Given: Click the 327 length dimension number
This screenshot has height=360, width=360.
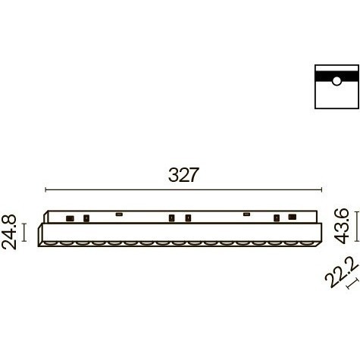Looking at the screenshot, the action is [183, 175].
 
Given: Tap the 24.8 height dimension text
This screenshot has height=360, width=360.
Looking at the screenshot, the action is [9, 232].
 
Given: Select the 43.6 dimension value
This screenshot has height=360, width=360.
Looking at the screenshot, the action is [341, 226].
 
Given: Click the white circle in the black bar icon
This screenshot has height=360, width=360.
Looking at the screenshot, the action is [337, 81].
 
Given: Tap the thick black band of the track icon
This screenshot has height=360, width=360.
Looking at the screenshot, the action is [337, 77].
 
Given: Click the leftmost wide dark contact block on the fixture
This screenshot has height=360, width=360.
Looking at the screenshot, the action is [70, 218].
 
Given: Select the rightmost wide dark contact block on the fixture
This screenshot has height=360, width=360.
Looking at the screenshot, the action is [293, 217].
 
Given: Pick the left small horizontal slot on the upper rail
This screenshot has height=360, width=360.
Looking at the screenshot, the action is [119, 214].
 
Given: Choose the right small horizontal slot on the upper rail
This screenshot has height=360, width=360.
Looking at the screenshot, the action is [247, 214].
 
